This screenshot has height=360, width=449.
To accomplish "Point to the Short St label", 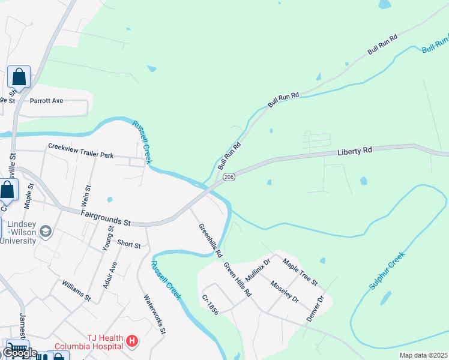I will point(129,245).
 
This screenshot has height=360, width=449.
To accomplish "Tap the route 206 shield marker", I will point(228,178).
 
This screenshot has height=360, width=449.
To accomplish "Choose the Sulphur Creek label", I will point(388,271).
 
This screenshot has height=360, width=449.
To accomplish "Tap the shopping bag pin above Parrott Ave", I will point(19,77).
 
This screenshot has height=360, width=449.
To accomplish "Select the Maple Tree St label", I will point(300,272).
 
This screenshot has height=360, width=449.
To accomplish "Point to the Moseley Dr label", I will point(284,291).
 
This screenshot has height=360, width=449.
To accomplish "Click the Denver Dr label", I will point(315,308).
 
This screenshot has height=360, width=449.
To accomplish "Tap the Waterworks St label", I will point(154,313).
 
